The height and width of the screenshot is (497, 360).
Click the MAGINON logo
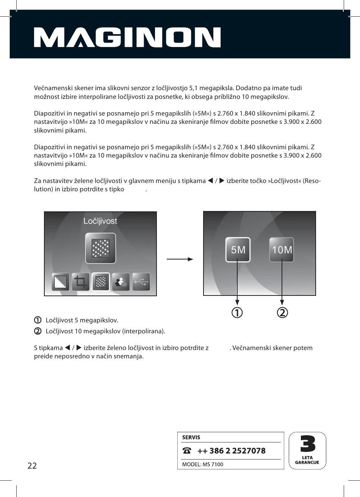[127, 37]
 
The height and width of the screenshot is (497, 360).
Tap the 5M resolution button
[238, 250]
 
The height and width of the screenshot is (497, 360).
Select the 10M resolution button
[282, 250]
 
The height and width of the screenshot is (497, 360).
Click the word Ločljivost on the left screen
[100, 221]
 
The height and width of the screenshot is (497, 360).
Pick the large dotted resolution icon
[100, 248]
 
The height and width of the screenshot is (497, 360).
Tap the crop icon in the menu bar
[81, 282]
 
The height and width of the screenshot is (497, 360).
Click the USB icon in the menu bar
[141, 282]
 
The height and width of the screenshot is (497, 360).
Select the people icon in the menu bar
[121, 282]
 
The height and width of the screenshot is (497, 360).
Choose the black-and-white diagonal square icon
[61, 282]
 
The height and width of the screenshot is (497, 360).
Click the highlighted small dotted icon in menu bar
[101, 282]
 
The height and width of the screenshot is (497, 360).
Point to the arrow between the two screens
[180, 259]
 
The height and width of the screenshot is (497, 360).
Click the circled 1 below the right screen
[237, 313]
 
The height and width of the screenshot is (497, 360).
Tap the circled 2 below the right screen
[282, 313]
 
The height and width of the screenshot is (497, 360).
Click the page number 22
[32, 466]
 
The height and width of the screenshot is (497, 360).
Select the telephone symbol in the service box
[187, 451]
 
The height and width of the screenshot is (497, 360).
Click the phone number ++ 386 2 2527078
[231, 451]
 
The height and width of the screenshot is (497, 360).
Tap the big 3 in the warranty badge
[308, 444]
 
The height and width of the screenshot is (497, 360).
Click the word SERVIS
[191, 437]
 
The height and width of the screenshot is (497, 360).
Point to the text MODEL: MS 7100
[203, 464]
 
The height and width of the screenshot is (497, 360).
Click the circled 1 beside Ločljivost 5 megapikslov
[38, 320]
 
